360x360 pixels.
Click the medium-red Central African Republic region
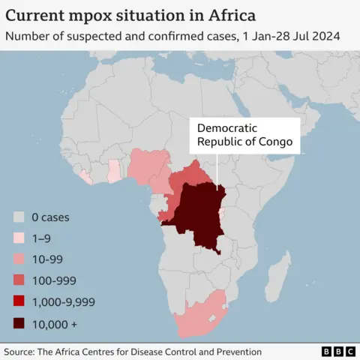(x=191, y=177)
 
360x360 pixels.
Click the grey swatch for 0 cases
(x=19, y=217)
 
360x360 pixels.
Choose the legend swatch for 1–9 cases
(x=19, y=238)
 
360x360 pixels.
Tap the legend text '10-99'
(x=47, y=259)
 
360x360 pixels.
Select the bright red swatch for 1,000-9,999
(x=19, y=301)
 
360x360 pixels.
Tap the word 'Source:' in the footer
(x=22, y=351)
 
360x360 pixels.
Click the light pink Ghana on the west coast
(x=114, y=172)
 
